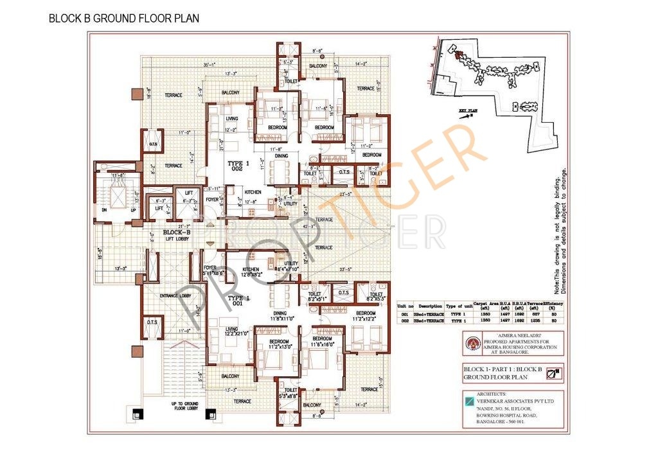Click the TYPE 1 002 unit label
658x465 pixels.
click(x=239, y=168)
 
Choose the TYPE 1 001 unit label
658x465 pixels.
click(x=238, y=303)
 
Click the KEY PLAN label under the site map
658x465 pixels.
click(x=469, y=111)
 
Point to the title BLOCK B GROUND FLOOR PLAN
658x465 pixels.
click(x=124, y=19)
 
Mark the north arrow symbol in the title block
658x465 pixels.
click(x=554, y=370)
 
